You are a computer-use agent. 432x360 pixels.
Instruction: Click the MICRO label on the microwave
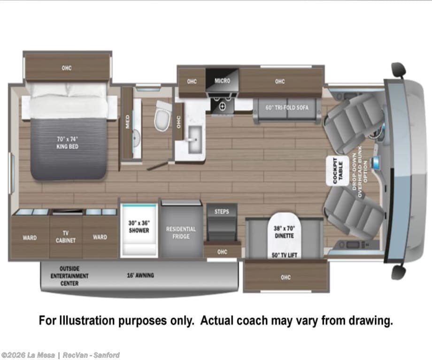click(x=222, y=81)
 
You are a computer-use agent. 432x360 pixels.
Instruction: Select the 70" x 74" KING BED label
click(x=68, y=143)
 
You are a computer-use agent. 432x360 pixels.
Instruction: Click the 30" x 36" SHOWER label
click(x=139, y=227)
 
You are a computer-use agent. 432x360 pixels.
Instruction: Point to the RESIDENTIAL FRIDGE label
click(x=181, y=233)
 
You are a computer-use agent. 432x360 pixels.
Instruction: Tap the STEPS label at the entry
click(x=222, y=212)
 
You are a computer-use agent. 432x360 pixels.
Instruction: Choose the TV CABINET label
click(x=66, y=237)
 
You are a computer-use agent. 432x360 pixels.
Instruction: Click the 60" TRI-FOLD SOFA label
click(x=287, y=107)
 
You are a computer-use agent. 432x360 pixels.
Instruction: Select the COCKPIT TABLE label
click(x=338, y=171)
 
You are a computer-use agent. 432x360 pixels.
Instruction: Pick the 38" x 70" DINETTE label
click(x=285, y=232)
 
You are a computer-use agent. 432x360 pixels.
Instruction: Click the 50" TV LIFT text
click(x=285, y=255)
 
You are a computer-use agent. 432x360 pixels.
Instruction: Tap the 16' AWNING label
click(x=140, y=275)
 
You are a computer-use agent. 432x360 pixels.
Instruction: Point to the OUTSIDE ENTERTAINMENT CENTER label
click(x=69, y=276)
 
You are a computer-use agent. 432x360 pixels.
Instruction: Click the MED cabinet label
click(x=128, y=122)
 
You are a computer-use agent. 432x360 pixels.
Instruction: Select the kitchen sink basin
click(x=195, y=140)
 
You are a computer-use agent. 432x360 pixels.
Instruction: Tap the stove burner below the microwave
click(x=222, y=107)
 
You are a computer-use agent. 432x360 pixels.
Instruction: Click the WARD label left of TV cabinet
click(x=30, y=237)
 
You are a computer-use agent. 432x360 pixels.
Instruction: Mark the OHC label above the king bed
click(x=67, y=68)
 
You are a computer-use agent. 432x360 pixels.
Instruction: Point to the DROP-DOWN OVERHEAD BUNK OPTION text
click(x=360, y=175)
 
